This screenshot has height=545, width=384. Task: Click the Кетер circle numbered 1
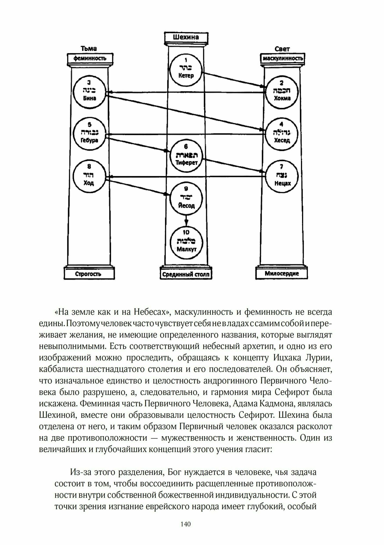pyautogui.click(x=186, y=69)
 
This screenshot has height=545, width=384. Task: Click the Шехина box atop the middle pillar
pyautogui.click(x=186, y=37)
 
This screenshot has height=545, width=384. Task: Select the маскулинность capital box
pyautogui.click(x=282, y=58)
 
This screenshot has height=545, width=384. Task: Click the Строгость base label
pyautogui.click(x=89, y=274)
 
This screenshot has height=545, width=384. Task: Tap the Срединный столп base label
pyautogui.click(x=186, y=274)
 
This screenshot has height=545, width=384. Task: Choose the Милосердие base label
pyautogui.click(x=282, y=273)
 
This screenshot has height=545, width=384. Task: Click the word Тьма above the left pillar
pyautogui.click(x=89, y=49)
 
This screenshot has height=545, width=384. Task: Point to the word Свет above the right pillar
pyautogui.click(x=282, y=49)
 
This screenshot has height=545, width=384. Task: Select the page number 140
pyautogui.click(x=185, y=524)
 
